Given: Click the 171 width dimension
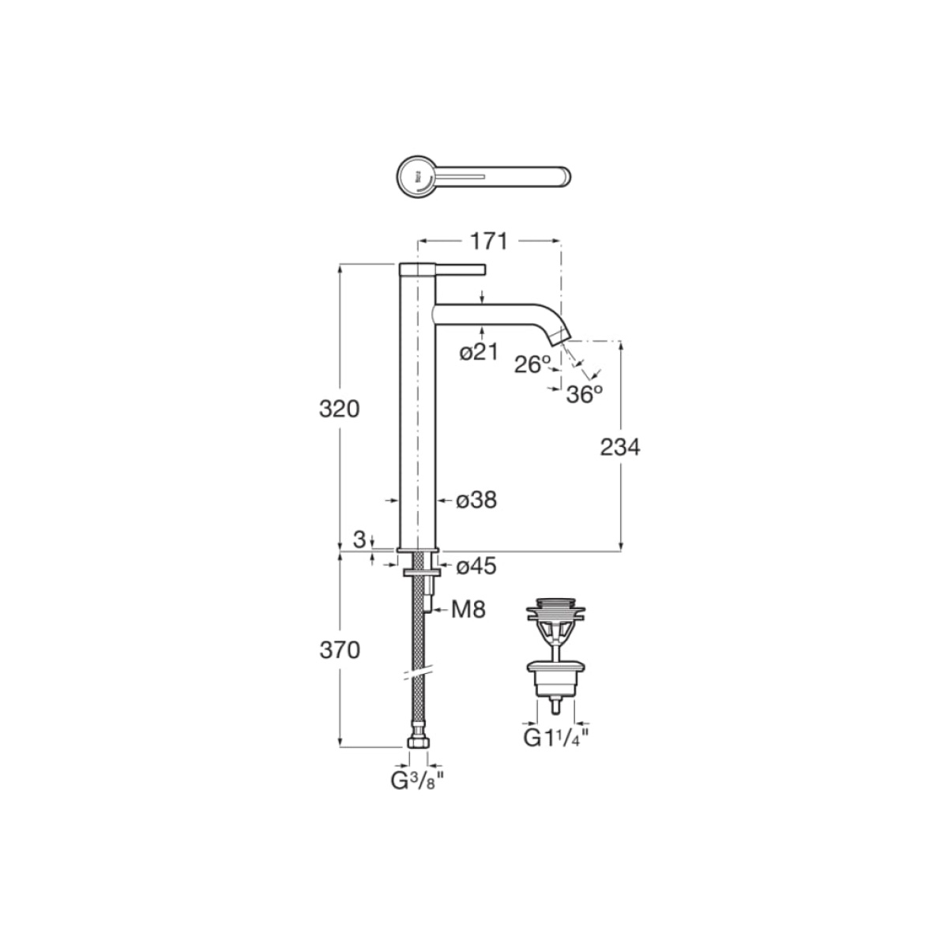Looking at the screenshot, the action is (x=488, y=242).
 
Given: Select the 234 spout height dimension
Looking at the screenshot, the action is (x=620, y=447).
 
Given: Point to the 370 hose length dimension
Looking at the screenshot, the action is (x=340, y=650).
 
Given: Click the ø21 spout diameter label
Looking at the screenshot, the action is (x=480, y=352).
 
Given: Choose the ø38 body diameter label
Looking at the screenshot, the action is (x=476, y=500).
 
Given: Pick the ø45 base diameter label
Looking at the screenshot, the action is (x=476, y=566).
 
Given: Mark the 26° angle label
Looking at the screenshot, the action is (x=532, y=364).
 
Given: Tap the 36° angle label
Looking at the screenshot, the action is (x=585, y=394).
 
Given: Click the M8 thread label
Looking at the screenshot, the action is (x=468, y=610).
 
